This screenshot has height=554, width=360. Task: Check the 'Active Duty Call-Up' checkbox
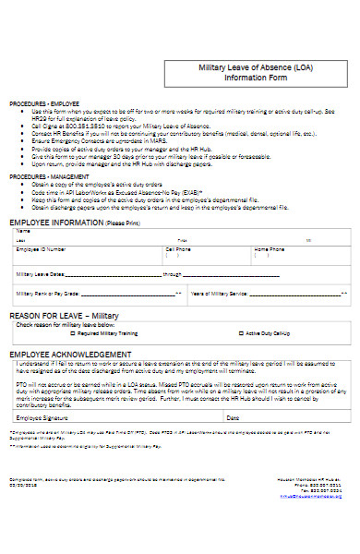pos(241,333)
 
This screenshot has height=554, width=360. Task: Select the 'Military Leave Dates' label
pos(41,274)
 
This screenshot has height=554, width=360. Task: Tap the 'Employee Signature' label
pos(42,417)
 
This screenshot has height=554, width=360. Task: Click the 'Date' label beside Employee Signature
pos(233,417)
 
